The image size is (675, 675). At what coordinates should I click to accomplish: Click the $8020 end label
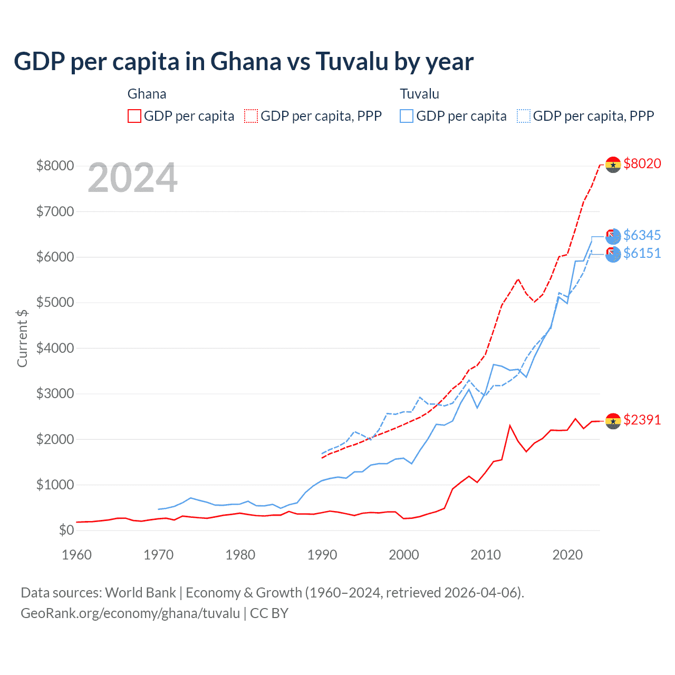pos(642,163)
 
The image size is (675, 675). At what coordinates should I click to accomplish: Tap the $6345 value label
pos(642,235)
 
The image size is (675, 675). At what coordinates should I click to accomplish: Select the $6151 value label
pos(642,253)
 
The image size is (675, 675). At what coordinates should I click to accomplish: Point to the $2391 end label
pos(642,420)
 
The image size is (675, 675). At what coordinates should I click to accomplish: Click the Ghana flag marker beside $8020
pos(613,165)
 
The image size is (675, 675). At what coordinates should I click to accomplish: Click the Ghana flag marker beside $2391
pos(613,421)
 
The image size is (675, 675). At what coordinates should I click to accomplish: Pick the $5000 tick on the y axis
pos(55,303)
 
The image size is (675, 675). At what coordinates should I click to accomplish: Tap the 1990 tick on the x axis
pos(322,555)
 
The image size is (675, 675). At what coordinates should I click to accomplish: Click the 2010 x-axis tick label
pos(486,555)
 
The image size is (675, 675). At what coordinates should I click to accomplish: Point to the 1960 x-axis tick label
pos(77,555)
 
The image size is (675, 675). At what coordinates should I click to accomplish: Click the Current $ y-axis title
pos(22,338)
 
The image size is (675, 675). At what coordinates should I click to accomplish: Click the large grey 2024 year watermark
pos(132,178)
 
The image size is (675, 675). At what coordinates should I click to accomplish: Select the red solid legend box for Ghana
pos(134,116)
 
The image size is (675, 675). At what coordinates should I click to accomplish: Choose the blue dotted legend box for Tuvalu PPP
pos(524,116)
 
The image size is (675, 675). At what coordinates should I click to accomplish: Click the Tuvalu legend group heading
pos(419,94)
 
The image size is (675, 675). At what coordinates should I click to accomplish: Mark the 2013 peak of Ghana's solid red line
pos(509,425)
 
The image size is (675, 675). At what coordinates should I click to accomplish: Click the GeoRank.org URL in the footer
pos(130,613)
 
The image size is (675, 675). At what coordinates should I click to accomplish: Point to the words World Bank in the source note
pos(140,593)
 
